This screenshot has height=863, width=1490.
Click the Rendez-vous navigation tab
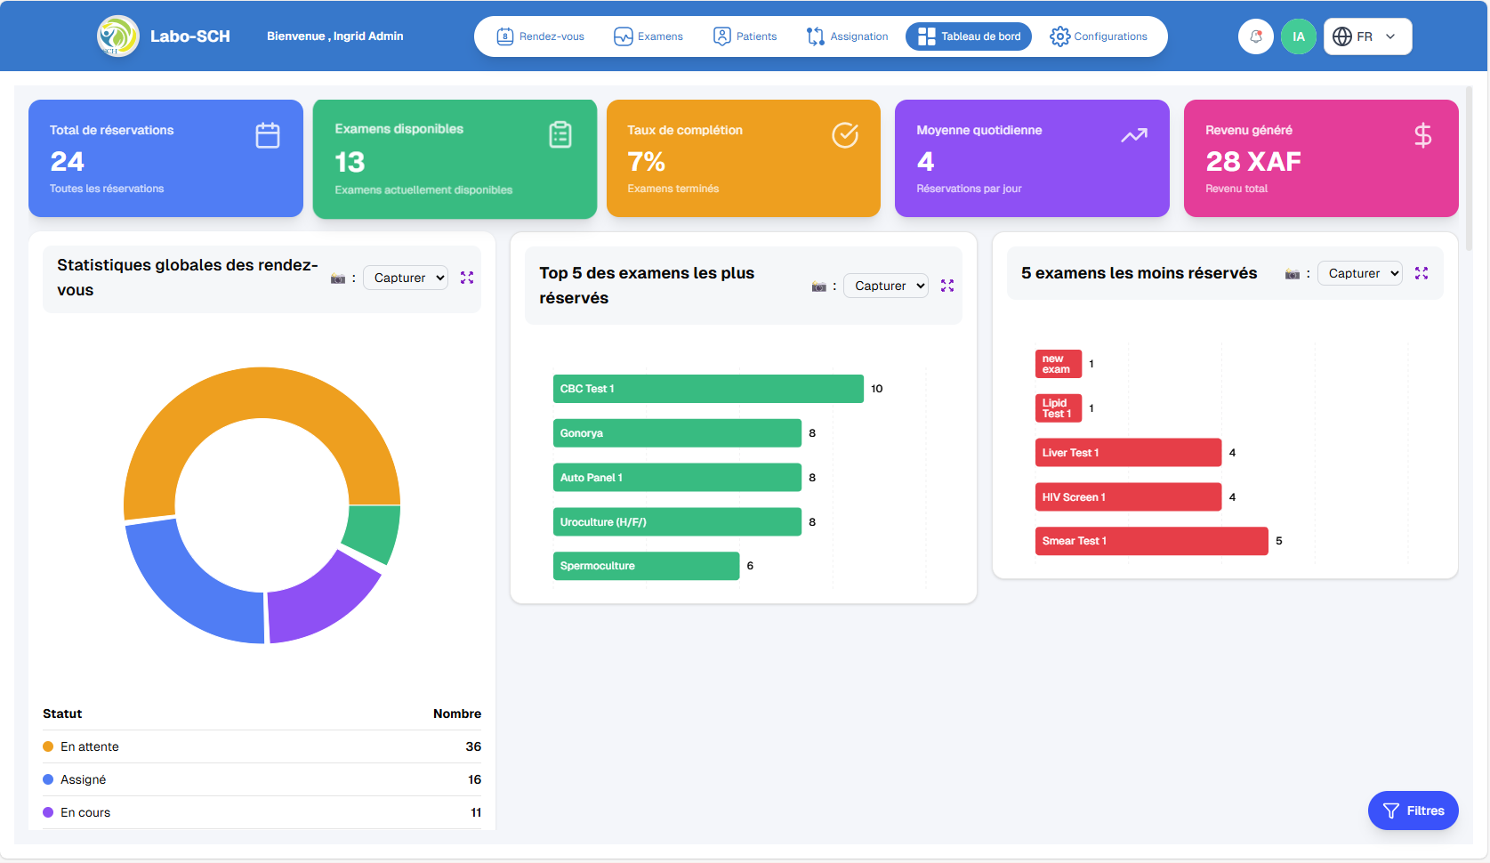pos(541,36)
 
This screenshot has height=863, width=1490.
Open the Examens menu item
pos(648,36)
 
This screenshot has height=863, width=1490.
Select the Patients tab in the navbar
pos(745,36)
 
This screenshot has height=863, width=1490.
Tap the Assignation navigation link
pos(847,36)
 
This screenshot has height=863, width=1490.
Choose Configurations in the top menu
pos(1099,36)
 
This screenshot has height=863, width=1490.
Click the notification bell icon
pos(1256,36)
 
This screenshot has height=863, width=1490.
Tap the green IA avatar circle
pos(1299,36)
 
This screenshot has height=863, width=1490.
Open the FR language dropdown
pos(1367,36)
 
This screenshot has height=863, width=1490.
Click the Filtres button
pos(1413,811)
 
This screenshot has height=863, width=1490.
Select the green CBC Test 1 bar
pos(708,389)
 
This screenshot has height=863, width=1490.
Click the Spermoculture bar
pos(646,566)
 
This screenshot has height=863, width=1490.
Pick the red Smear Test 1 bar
pos(1151,541)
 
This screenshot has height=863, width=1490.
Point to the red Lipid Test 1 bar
pos(1059,408)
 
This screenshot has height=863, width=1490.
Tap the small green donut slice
pos(373,532)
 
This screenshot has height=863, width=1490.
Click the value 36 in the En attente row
pos(473,746)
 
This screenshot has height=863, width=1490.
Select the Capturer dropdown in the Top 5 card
pos(885,286)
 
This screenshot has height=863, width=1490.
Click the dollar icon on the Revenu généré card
pos(1422,135)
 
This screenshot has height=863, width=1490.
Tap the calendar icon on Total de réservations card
pos(268,135)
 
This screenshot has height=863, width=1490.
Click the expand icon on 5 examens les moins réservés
pos(1422,273)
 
